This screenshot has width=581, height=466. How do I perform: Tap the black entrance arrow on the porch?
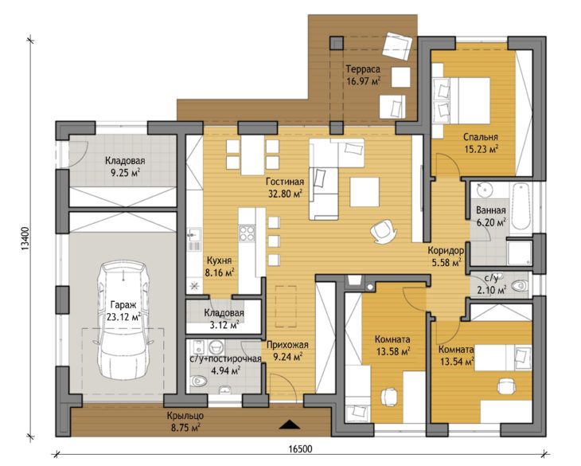pyautogui.click(x=290, y=424)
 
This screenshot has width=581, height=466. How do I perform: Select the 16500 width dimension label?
pyautogui.click(x=300, y=449)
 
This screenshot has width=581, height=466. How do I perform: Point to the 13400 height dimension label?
pyautogui.click(x=25, y=238)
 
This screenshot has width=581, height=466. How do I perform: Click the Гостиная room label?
pyautogui.click(x=285, y=182)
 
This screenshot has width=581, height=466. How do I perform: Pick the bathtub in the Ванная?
pyautogui.click(x=521, y=206)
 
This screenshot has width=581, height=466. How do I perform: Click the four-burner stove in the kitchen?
pyautogui.click(x=247, y=233)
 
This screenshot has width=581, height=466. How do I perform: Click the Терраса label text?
pyautogui.click(x=363, y=69)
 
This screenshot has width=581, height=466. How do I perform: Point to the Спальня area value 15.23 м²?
pyautogui.click(x=481, y=149)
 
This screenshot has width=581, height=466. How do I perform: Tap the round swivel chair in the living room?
pyautogui.click(x=383, y=231)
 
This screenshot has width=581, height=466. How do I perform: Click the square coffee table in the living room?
pyautogui.click(x=365, y=192)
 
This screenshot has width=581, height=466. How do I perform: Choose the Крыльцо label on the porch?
pyautogui.click(x=185, y=416)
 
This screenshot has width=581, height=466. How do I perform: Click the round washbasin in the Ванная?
pyautogui.click(x=484, y=190)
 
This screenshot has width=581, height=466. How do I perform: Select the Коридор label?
pyautogui.click(x=446, y=251)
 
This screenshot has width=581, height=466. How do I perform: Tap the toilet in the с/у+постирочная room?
pyautogui.click(x=199, y=381)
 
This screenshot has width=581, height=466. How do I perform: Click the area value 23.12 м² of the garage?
pyautogui.click(x=123, y=317)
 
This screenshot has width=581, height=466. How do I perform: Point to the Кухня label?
pyautogui.click(x=219, y=260)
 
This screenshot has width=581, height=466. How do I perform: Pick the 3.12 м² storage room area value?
pyautogui.click(x=224, y=326)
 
